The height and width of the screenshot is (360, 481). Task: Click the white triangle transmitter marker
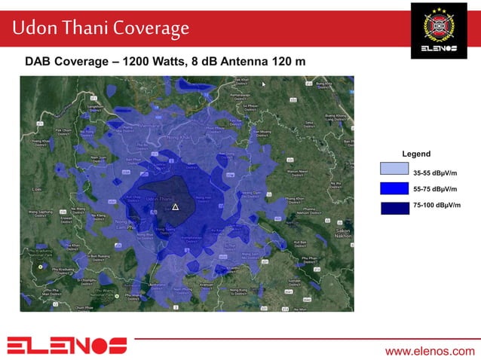point(175,206)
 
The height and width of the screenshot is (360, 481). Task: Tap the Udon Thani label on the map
point(161,199)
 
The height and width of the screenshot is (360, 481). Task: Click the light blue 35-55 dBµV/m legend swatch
point(394,169)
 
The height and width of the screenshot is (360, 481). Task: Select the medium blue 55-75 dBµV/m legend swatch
point(394,188)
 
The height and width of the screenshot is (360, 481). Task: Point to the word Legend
point(416,154)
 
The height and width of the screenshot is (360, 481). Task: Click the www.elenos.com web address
point(430,351)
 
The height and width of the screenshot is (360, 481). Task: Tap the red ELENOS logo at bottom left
point(67,346)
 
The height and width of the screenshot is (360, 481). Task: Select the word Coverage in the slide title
point(150,29)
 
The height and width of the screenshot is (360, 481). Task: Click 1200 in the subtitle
point(140,61)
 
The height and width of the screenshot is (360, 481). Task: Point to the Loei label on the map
point(36,190)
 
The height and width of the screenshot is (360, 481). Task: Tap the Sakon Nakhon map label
point(344,233)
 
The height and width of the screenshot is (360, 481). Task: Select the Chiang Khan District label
point(40,141)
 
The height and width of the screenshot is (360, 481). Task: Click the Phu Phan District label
point(308,258)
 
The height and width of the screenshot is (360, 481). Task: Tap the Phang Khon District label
point(295,200)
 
